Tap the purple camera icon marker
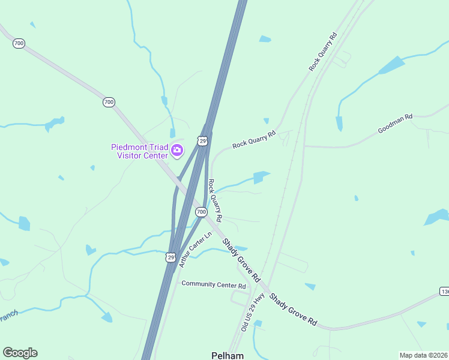point(177,150)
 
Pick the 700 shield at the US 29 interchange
point(201,212)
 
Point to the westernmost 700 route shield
point(19,43)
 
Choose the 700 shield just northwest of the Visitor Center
point(109,102)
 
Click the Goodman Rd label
point(395,124)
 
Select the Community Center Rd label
point(214,284)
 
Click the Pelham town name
point(228,355)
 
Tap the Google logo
point(20,353)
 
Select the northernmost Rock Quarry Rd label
point(323,52)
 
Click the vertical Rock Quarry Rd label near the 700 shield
point(215,199)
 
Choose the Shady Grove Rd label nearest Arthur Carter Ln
point(241,260)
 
